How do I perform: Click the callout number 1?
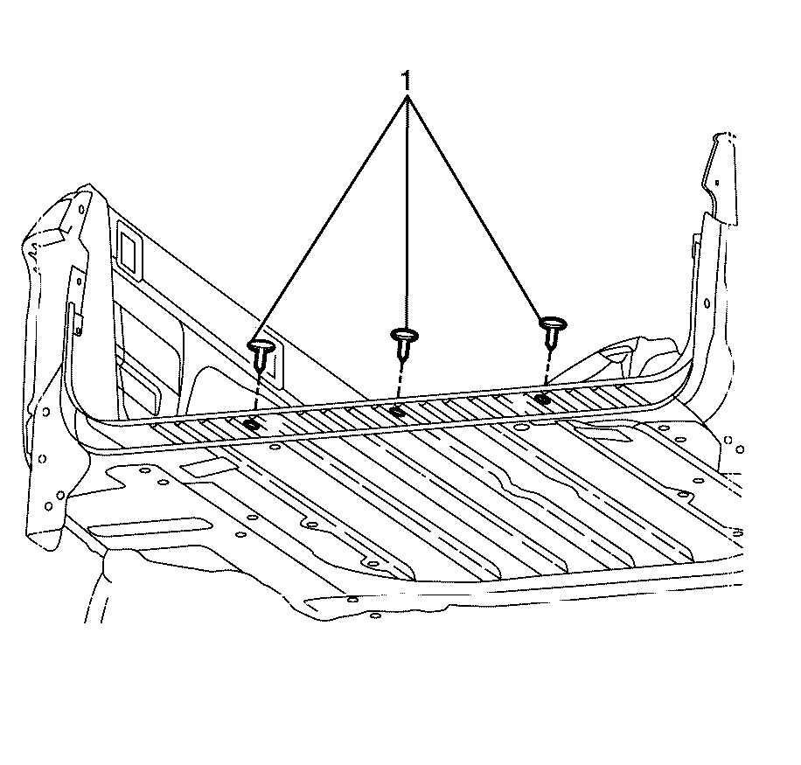click(406, 80)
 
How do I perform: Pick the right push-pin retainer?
click(553, 331)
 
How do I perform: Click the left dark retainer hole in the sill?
click(251, 425)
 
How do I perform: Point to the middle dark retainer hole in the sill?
click(397, 411)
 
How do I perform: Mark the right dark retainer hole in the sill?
click(542, 398)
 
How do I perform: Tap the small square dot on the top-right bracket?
click(717, 183)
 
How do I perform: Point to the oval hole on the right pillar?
click(707, 303)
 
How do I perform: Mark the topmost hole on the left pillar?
click(81, 209)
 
